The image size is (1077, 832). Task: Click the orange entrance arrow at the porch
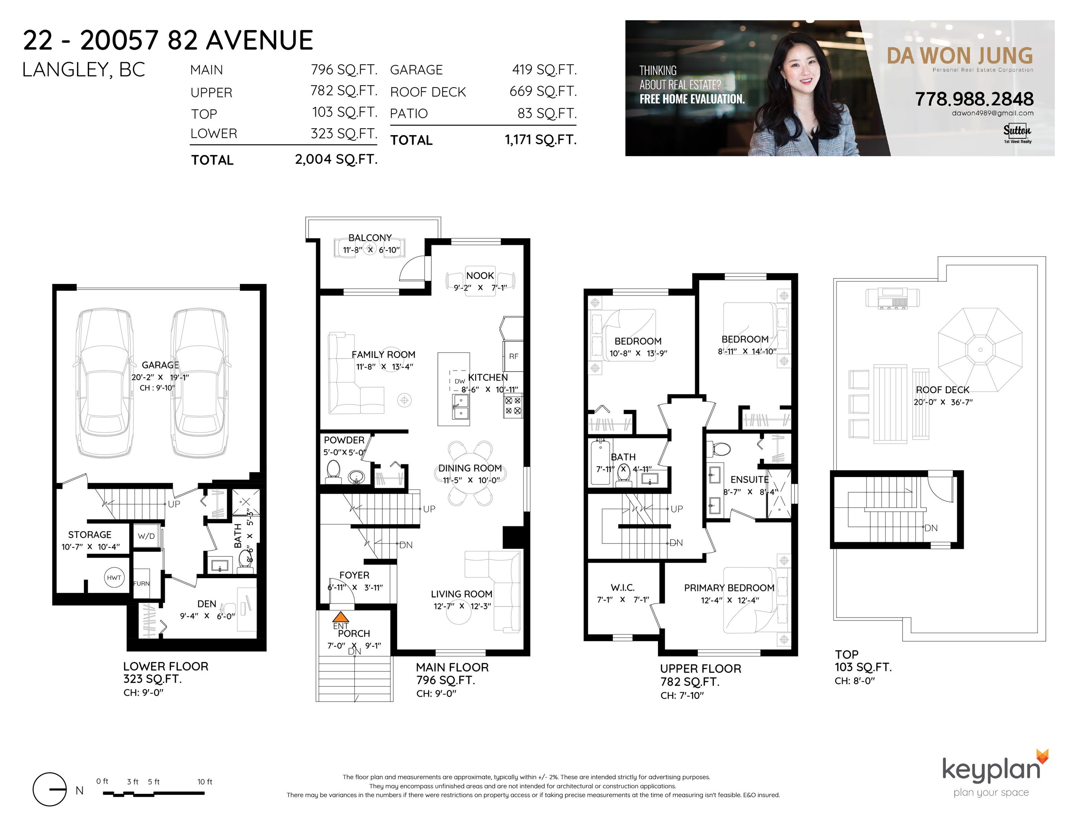[341, 617]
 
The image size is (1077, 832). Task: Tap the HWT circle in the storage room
[114, 577]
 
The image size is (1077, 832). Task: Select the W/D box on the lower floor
[146, 536]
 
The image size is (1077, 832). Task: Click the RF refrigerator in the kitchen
[513, 356]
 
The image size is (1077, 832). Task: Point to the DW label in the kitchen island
[460, 381]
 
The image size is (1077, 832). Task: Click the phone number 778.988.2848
[974, 99]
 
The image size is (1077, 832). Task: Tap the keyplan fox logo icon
[1042, 756]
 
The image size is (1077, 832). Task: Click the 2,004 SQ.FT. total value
[336, 159]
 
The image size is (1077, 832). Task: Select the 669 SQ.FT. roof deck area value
[543, 91]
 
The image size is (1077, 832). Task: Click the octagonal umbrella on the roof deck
[980, 350]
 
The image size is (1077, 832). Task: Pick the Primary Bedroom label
[729, 588]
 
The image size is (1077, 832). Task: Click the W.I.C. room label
[622, 588]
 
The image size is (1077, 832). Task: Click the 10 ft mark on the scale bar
[204, 782]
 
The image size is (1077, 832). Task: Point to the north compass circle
[49, 789]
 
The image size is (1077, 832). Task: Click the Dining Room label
[470, 468]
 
